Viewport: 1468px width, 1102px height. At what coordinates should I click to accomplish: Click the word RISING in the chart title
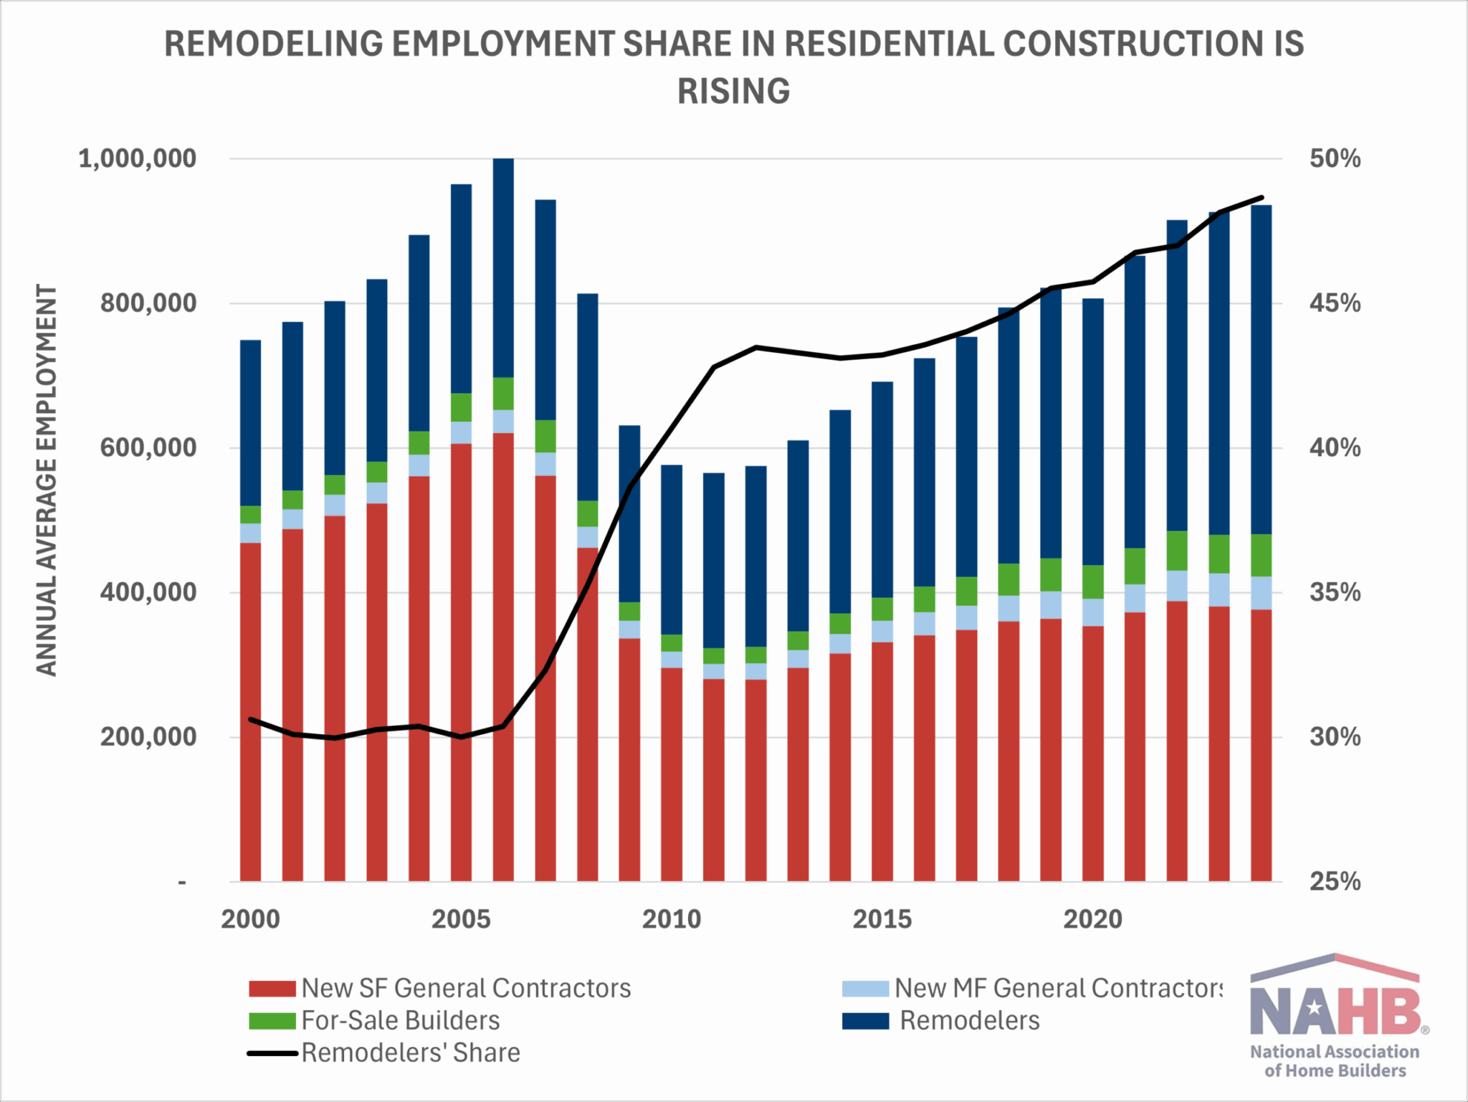(733, 92)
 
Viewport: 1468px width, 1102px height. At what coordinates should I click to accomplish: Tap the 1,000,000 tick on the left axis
(137, 158)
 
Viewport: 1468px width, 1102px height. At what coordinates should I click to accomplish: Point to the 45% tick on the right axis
(1334, 303)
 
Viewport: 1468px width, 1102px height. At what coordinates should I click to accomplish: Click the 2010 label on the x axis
(671, 919)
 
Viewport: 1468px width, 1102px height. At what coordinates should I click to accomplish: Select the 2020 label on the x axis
(1092, 919)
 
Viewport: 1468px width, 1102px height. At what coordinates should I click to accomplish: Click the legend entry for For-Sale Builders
(400, 1020)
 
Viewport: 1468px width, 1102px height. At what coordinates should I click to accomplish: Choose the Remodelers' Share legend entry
(410, 1053)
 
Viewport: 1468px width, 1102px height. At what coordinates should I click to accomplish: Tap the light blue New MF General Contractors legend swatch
(865, 989)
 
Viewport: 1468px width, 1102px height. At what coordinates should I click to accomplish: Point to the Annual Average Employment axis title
(47, 480)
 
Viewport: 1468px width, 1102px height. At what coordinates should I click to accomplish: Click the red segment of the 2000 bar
(250, 710)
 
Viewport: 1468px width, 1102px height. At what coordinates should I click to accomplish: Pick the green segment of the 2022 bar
(1177, 551)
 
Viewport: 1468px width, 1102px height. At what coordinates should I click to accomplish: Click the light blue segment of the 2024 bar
(1261, 593)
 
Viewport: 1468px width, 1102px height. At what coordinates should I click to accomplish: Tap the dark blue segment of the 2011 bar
(713, 559)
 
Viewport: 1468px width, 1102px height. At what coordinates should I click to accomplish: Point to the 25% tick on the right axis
(1334, 881)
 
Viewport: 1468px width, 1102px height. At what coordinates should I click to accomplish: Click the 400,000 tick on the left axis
(148, 592)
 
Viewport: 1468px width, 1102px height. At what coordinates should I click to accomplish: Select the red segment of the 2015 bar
(882, 760)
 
